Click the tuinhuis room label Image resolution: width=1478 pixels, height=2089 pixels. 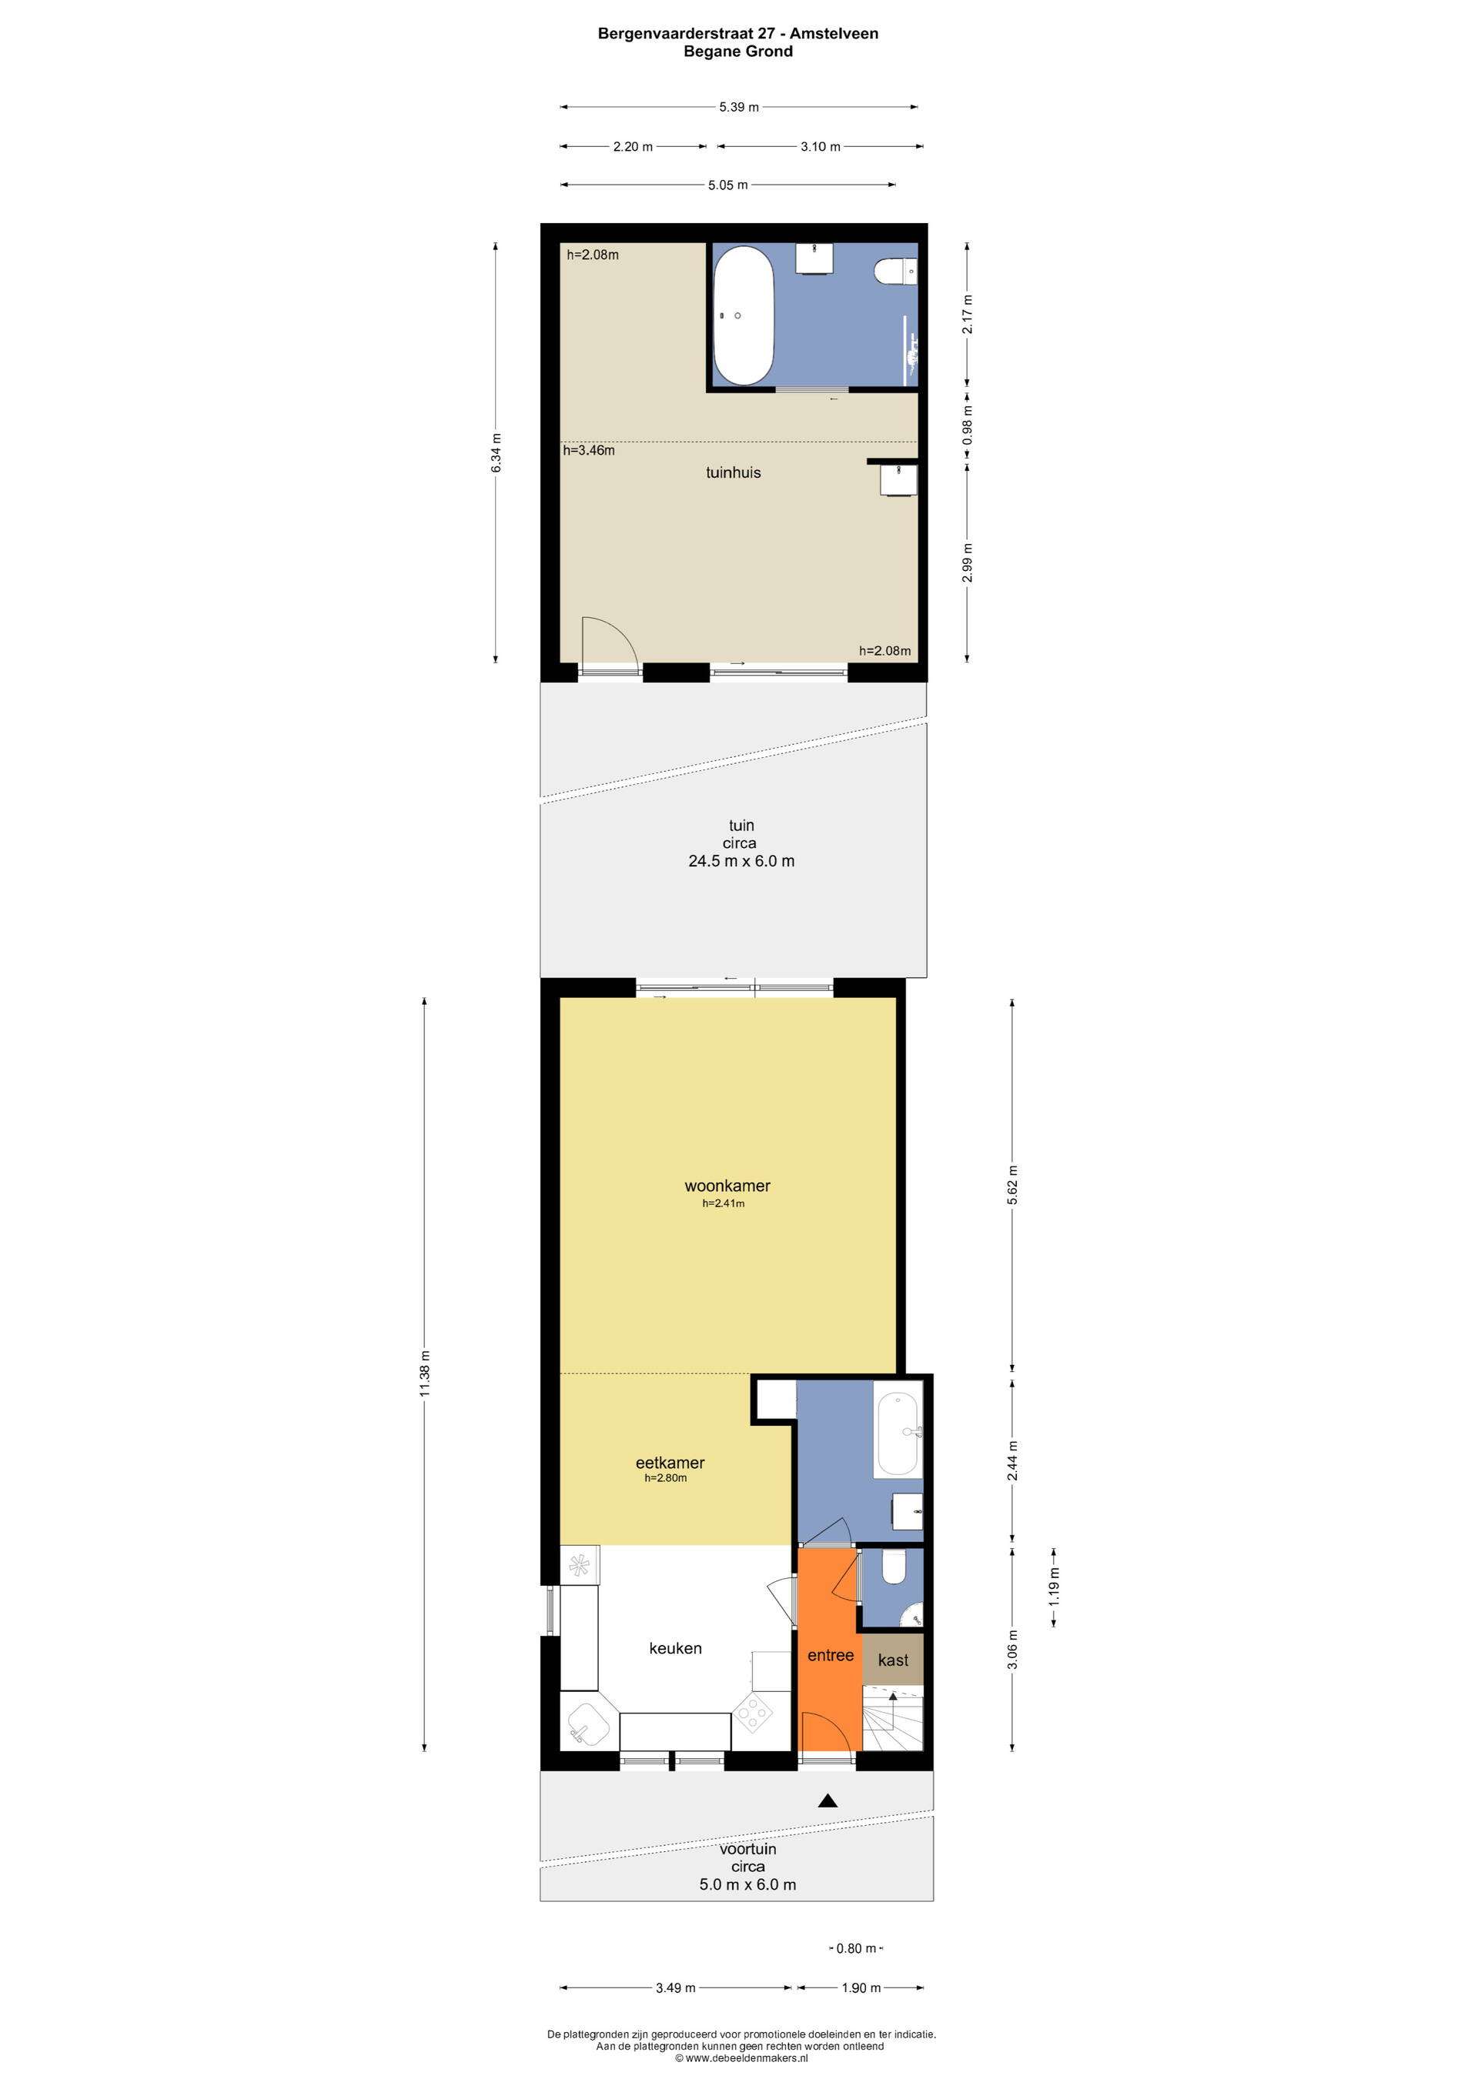click(733, 472)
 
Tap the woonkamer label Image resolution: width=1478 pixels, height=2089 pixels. click(727, 1186)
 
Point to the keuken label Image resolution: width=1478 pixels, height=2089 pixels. click(675, 1647)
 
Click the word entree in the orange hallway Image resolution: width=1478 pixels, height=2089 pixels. click(830, 1655)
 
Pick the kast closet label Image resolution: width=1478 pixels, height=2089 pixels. click(893, 1660)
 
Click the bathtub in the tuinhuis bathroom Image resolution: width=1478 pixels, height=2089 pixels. click(743, 315)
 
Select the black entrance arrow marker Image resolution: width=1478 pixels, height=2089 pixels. click(828, 1800)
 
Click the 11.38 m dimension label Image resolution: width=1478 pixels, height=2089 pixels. click(425, 1374)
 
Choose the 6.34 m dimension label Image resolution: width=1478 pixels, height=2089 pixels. click(496, 452)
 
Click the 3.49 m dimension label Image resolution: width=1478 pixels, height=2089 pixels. click(675, 1988)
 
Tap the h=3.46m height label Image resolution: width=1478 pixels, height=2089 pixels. click(589, 450)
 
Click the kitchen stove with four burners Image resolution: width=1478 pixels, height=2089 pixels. click(753, 1715)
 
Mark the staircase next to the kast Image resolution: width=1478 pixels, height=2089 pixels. click(893, 1719)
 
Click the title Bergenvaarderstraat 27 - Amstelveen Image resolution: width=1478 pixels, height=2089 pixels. click(738, 34)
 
